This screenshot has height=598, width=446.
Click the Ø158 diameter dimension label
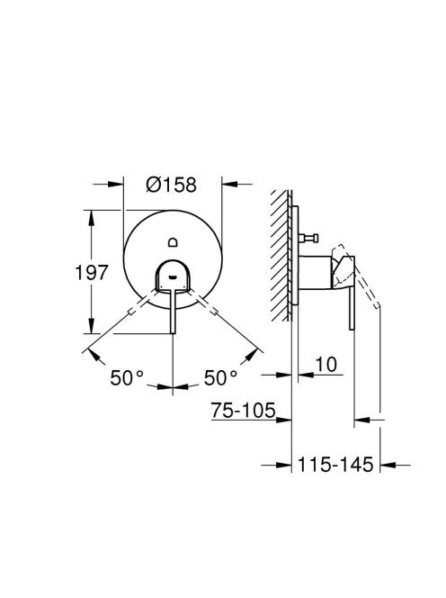pyautogui.click(x=171, y=185)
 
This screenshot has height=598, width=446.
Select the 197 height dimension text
pyautogui.click(x=92, y=273)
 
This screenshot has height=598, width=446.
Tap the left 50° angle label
pyautogui.click(x=127, y=378)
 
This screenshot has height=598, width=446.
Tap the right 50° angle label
pyautogui.click(x=221, y=378)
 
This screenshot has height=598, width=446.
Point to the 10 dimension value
pyautogui.click(x=326, y=364)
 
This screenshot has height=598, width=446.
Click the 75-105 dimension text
pyautogui.click(x=244, y=411)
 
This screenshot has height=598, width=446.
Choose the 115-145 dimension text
pyautogui.click(x=335, y=465)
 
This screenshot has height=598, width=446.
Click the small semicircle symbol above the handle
pyautogui.click(x=173, y=241)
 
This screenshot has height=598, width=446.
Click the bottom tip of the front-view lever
pyautogui.click(x=173, y=333)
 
